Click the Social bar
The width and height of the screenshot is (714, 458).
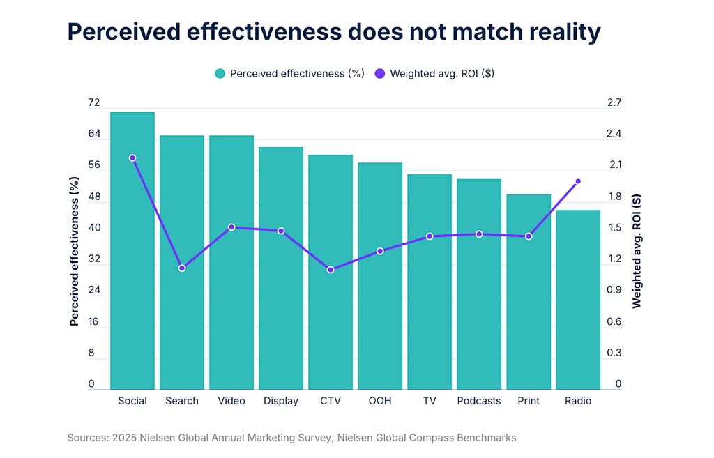click(x=132, y=251)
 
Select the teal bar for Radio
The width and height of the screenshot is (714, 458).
click(x=578, y=300)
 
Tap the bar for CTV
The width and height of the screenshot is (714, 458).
click(x=331, y=272)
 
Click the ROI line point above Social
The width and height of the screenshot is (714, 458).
click(x=132, y=158)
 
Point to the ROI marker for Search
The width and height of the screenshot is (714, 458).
click(x=182, y=268)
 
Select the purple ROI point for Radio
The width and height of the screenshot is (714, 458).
click(x=578, y=181)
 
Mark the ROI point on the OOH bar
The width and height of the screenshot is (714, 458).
click(x=380, y=251)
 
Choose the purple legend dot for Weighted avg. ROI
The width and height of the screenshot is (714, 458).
click(x=380, y=73)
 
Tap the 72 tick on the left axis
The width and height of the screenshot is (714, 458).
click(x=94, y=103)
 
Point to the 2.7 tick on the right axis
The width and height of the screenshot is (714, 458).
click(x=615, y=103)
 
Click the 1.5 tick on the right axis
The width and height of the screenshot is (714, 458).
click(x=615, y=228)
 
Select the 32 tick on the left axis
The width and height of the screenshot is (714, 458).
click(x=94, y=259)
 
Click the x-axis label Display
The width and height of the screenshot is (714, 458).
click(x=281, y=401)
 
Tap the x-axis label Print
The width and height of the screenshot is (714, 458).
click(x=529, y=401)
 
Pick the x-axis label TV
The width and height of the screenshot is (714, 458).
click(x=430, y=401)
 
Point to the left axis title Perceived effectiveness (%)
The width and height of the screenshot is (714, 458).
click(x=75, y=251)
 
